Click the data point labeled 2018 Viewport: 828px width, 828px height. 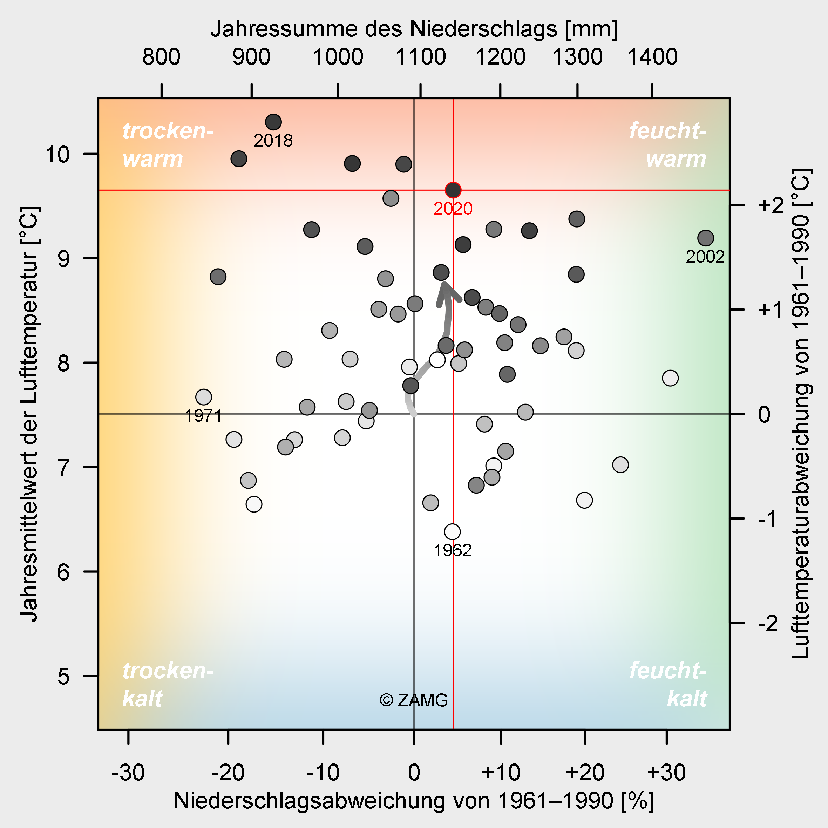(273, 122)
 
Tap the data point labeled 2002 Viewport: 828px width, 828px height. (705, 238)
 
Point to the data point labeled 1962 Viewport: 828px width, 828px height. (452, 532)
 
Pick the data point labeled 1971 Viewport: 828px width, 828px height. (204, 397)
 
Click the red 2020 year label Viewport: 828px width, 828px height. (453, 209)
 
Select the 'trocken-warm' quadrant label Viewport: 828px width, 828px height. (167, 144)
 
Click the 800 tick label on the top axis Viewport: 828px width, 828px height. (161, 57)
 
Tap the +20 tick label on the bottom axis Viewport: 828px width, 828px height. (585, 773)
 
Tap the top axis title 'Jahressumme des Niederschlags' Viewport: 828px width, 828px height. (414, 29)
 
